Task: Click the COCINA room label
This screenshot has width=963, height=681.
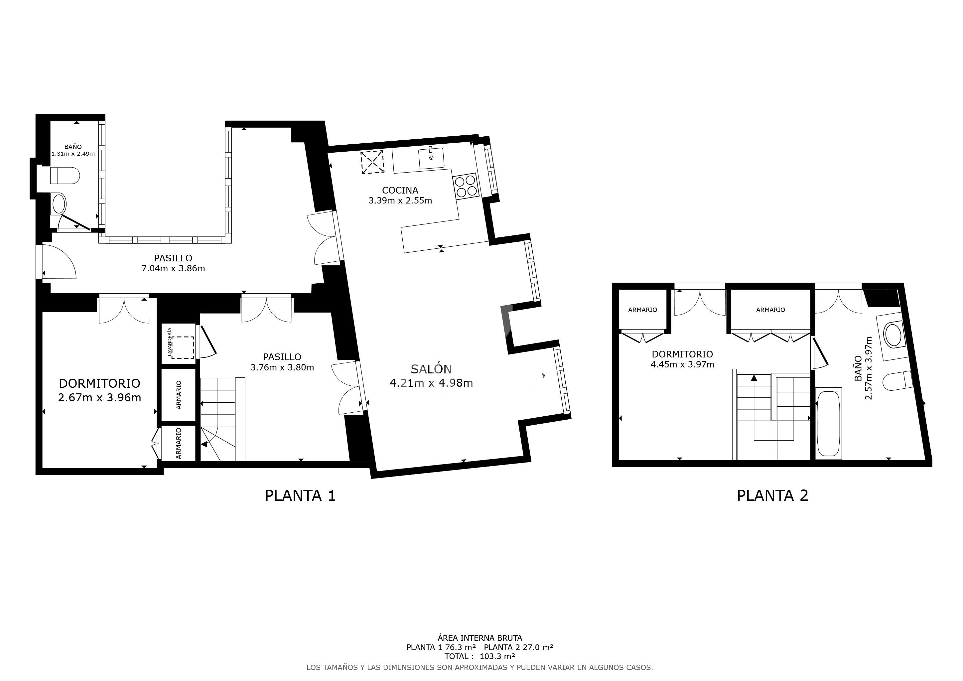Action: pos(400,191)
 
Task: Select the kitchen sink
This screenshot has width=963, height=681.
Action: pos(431,158)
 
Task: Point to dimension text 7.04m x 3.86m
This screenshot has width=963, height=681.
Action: pos(173,268)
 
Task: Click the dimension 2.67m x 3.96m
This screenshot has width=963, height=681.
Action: pos(99,398)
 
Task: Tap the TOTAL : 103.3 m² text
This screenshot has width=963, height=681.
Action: pos(480,656)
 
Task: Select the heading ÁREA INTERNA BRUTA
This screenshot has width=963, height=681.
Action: pos(480,638)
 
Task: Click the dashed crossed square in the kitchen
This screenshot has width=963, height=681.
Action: pos(372,162)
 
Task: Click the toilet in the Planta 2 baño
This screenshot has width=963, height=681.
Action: pos(897,381)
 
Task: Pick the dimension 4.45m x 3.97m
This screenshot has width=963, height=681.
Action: pos(682,365)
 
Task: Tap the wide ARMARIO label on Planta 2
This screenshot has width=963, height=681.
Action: pos(770,310)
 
